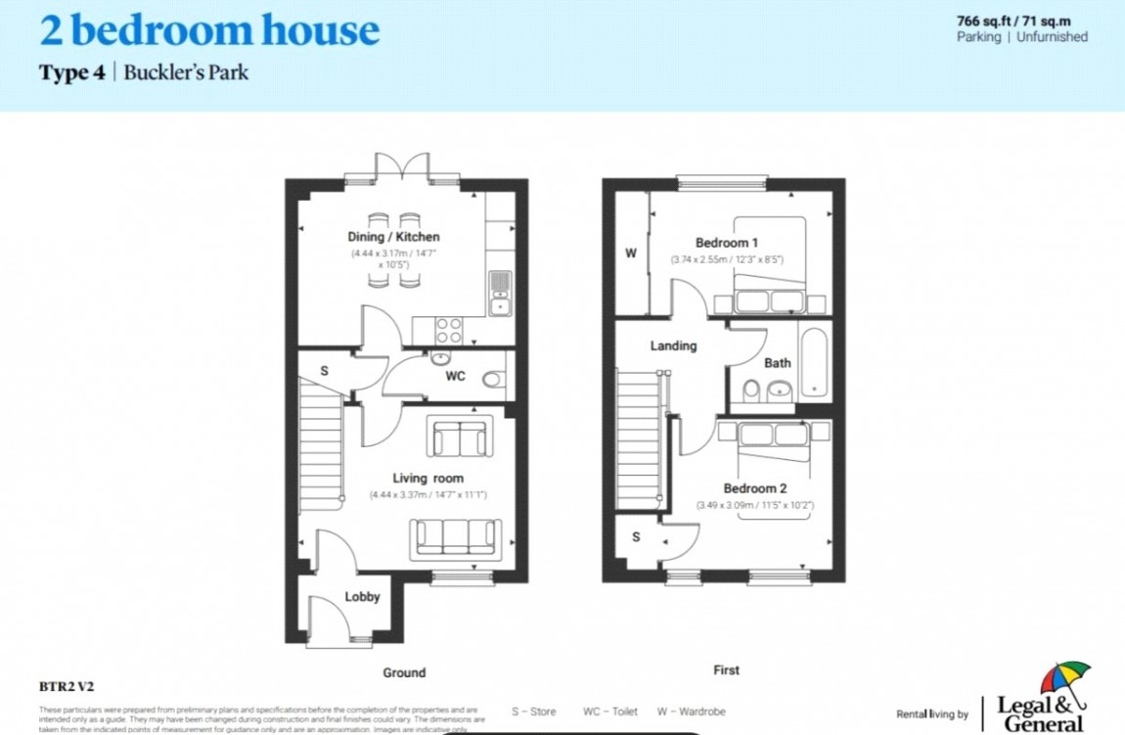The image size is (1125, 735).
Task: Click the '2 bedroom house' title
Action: (x=208, y=30)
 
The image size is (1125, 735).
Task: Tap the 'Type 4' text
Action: (x=71, y=73)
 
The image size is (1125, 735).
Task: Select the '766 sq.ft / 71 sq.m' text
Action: (x=1021, y=20)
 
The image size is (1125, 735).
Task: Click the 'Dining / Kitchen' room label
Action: (x=393, y=237)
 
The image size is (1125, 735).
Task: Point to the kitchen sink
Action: (x=500, y=293)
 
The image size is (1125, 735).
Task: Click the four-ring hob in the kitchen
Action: (x=449, y=329)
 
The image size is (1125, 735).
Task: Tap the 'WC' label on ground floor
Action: (x=455, y=376)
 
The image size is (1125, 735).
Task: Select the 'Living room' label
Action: (x=427, y=479)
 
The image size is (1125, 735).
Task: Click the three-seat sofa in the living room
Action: (x=455, y=537)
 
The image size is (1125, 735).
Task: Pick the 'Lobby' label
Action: (x=362, y=596)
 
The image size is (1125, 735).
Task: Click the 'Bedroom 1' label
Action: (x=726, y=243)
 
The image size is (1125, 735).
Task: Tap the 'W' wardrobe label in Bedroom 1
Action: (x=631, y=253)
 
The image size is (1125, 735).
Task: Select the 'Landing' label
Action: (x=673, y=345)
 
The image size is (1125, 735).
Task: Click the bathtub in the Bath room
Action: (x=815, y=363)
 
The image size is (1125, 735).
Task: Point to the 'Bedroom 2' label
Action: (x=754, y=488)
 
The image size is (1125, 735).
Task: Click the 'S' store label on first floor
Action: (x=636, y=537)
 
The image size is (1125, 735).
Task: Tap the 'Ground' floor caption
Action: (x=404, y=672)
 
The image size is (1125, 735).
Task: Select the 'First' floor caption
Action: (x=726, y=670)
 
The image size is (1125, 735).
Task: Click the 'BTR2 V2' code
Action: (x=67, y=687)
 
